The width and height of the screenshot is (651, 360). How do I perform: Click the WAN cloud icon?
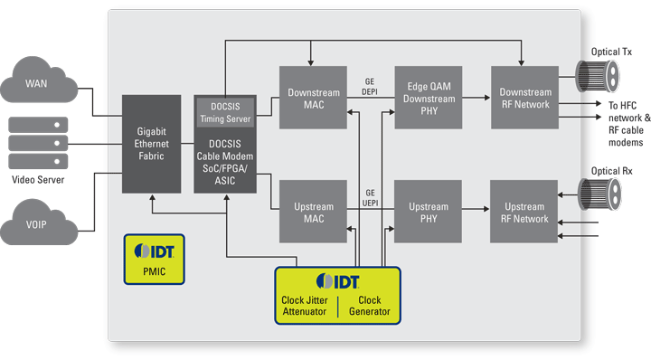(37, 88)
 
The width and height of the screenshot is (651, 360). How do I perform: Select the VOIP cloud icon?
(37, 226)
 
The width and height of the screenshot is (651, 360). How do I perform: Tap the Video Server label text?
(37, 178)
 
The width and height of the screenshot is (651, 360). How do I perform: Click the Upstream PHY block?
(429, 212)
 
